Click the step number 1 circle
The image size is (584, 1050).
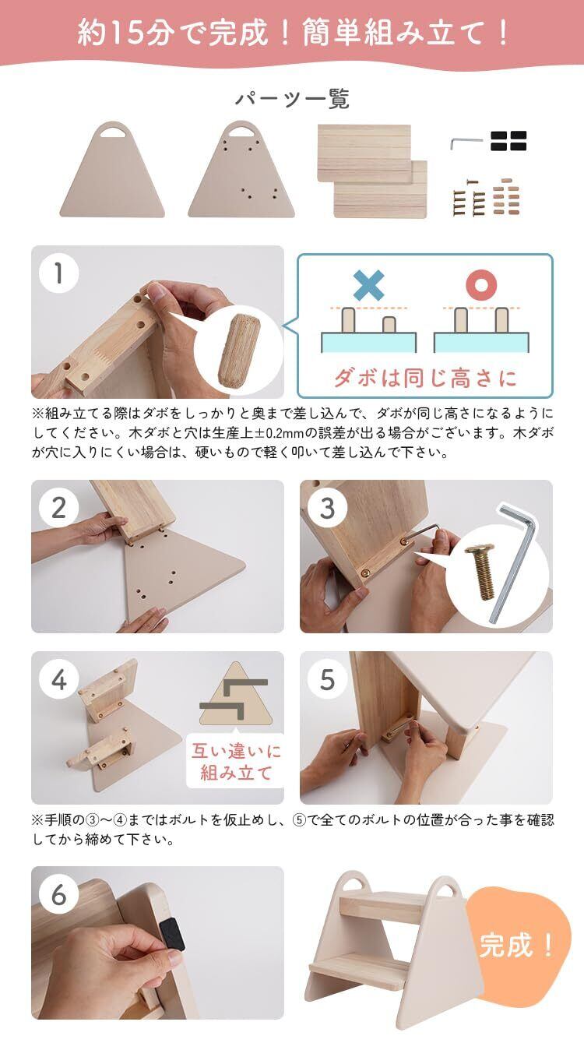pos(58,273)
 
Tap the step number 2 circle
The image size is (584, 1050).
pos(58,508)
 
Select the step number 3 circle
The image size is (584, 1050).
pos(327,508)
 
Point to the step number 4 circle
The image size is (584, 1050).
pos(58,680)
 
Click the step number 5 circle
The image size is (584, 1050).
pos(327,680)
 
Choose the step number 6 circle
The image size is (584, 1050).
pos(58,895)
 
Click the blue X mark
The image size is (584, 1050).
pos(369,285)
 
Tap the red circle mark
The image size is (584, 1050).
pos(481,285)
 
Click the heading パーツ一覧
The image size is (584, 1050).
pos(292,99)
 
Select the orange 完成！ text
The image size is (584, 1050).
pos(516,945)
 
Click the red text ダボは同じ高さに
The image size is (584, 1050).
pos(425,378)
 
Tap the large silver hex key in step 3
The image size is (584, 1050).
pos(515,562)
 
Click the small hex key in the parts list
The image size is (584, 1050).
pos(466,143)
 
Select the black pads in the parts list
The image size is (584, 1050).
pos(508,141)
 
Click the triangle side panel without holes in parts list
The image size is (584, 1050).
pos(112,174)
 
